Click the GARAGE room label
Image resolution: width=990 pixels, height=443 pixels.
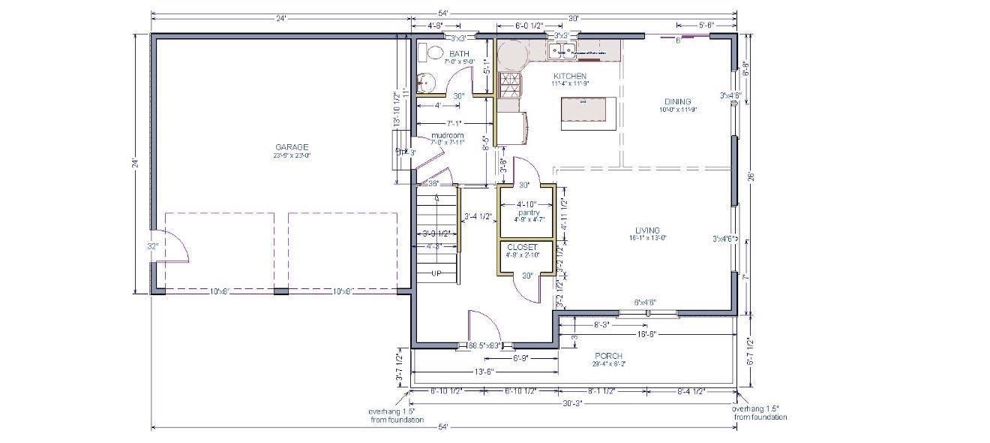(292, 147)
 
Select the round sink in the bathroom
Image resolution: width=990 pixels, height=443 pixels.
(424, 80)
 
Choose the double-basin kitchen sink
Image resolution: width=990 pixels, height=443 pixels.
(558, 52)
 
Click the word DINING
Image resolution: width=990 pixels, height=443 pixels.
(677, 101)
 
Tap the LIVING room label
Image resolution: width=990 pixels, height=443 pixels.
(647, 230)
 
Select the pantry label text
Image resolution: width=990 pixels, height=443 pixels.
(529, 212)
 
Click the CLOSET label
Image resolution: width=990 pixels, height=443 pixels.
(522, 247)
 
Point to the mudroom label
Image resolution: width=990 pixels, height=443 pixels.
(447, 135)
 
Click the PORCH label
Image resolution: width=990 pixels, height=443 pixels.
(608, 355)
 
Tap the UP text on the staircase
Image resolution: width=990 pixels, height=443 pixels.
(436, 273)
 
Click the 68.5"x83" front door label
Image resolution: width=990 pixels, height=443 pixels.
(484, 346)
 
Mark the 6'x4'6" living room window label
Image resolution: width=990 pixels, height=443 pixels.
(645, 303)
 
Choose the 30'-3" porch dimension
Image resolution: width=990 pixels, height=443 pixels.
(572, 403)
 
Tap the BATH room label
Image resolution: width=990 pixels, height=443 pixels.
(458, 54)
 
